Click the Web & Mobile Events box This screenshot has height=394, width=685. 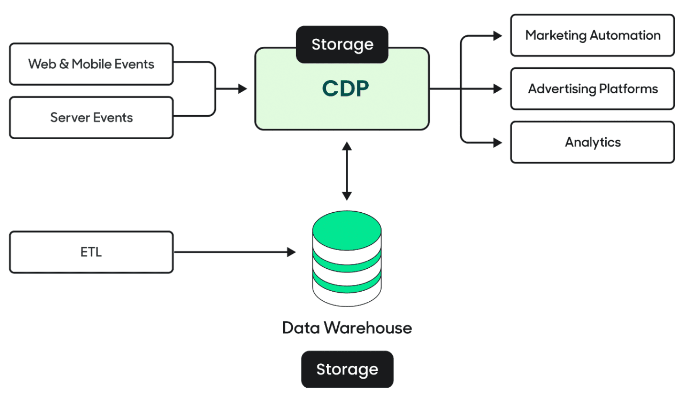(x=91, y=64)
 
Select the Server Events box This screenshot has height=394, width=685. (x=91, y=118)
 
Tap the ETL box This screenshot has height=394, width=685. (x=91, y=252)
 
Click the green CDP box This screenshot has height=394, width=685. (x=342, y=96)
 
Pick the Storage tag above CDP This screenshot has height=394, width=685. (x=342, y=44)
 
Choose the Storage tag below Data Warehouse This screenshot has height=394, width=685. (x=347, y=369)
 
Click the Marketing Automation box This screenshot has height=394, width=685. (x=592, y=35)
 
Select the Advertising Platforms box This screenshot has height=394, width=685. (x=592, y=89)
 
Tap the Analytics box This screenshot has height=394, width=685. (x=592, y=142)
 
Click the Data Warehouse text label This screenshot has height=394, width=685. (x=347, y=328)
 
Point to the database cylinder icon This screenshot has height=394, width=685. (x=347, y=261)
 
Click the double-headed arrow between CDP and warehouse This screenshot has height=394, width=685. (x=347, y=171)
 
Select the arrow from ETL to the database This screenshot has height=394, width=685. (x=234, y=252)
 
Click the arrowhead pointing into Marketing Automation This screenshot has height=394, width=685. (x=498, y=35)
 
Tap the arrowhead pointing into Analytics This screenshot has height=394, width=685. (x=498, y=142)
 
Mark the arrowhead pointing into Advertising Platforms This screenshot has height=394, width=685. (x=498, y=89)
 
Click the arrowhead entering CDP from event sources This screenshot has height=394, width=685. (x=243, y=88)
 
